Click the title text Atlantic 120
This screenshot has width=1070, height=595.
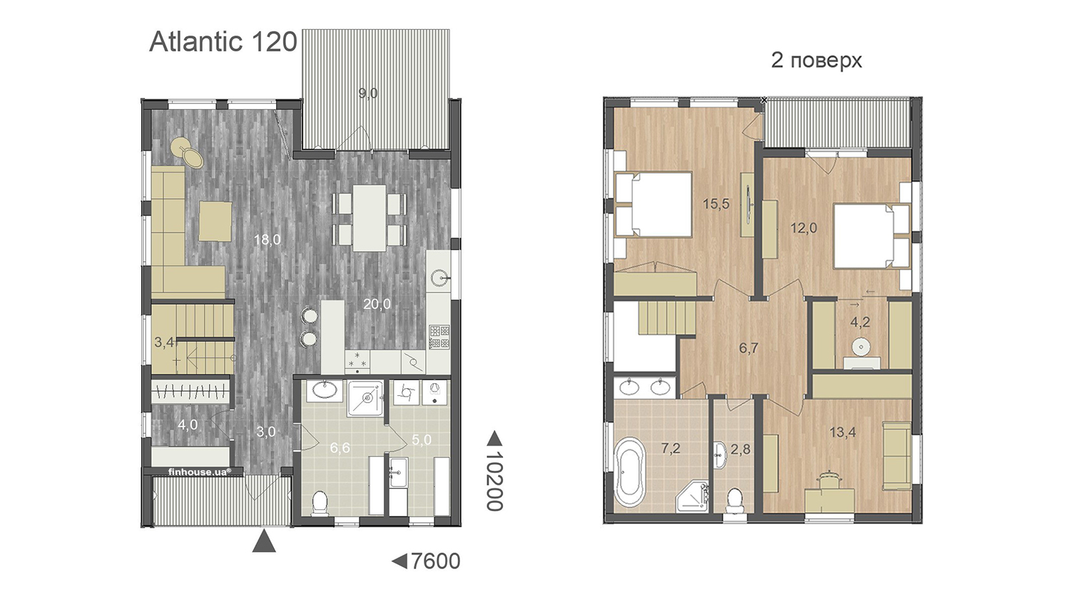coord(223,42)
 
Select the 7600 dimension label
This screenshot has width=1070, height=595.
coord(435,561)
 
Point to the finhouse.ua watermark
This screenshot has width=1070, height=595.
coord(200,472)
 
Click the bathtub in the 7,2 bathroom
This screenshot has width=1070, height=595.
coord(630,472)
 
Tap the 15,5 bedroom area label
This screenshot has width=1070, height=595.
coord(716,204)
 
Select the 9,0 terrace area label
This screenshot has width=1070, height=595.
coord(368,93)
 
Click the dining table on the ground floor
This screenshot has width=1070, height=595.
coord(370,218)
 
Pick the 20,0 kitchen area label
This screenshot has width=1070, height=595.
coord(377,303)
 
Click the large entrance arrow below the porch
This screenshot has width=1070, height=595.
coord(264,541)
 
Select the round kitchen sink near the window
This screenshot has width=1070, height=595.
coord(439,278)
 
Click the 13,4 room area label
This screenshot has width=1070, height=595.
coord(842,432)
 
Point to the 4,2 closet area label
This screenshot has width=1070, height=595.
coord(860,322)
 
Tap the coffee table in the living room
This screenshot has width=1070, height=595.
coord(215,221)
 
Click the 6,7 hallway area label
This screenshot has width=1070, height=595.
coord(748,348)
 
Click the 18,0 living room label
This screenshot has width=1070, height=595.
coord(267,240)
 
